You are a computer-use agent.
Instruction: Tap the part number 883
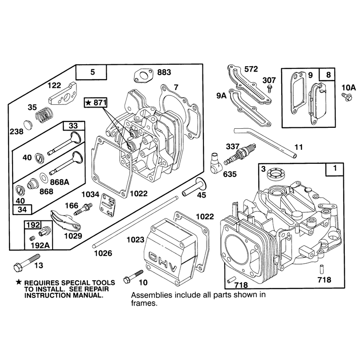point(164,72)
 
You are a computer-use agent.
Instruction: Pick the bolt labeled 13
point(27,263)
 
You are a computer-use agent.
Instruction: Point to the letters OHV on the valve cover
point(163,261)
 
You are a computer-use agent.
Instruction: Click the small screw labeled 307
point(270,88)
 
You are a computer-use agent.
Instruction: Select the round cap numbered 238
point(28,125)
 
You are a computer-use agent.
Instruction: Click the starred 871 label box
point(96,103)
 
